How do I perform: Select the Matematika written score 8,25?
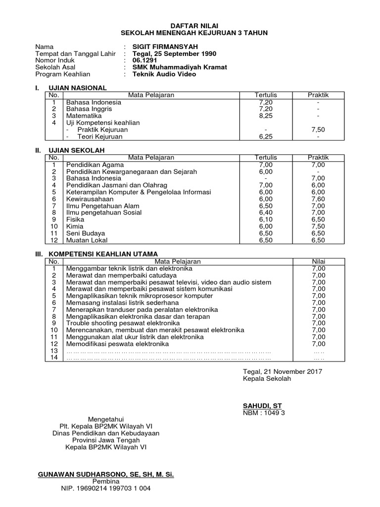click(266, 116)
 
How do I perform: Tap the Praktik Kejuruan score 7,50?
click(318, 130)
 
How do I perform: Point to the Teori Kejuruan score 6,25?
click(266, 137)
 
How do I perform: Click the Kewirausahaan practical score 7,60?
click(318, 199)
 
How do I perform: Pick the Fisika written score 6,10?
click(266, 219)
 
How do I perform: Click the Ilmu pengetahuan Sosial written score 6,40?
click(266, 213)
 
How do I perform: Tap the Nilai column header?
click(318, 261)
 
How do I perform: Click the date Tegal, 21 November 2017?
click(282, 371)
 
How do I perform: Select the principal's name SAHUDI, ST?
click(262, 406)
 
